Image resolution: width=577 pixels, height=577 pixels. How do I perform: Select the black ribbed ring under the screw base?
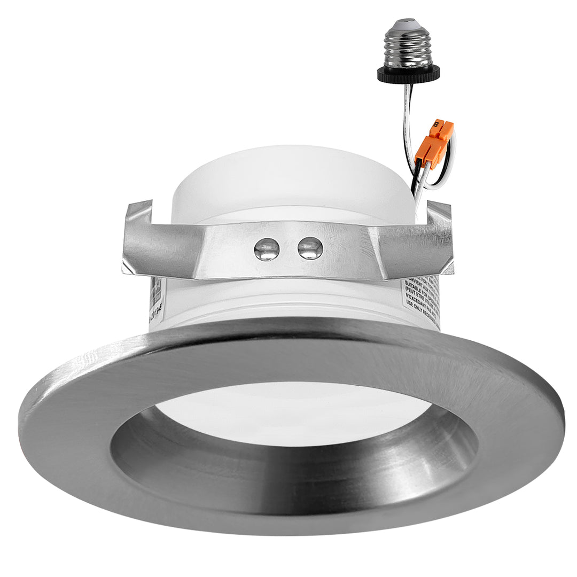click(409, 73)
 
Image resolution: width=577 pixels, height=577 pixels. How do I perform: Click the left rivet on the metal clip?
click(267, 249)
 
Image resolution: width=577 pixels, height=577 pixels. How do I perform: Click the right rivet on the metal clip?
click(310, 248)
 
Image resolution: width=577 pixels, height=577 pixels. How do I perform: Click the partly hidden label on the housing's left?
click(157, 302)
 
